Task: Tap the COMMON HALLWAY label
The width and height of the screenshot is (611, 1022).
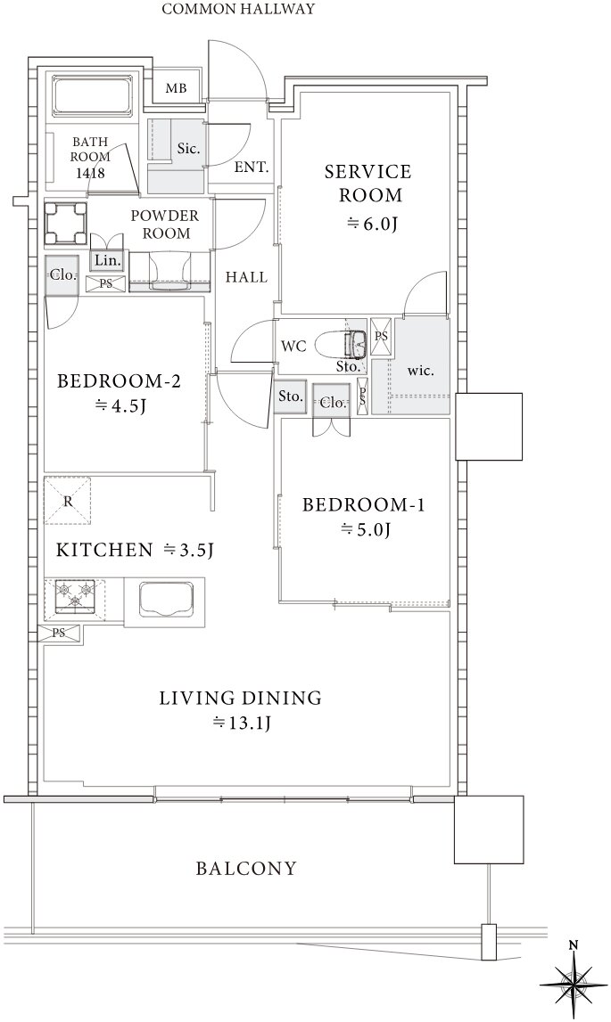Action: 238,9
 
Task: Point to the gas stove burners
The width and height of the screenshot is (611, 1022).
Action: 73,595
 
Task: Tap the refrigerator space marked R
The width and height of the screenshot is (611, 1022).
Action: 67,501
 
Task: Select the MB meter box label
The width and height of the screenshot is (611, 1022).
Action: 176,88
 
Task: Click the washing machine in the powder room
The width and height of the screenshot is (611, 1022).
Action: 65,223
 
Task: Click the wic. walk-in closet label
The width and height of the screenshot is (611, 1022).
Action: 420,371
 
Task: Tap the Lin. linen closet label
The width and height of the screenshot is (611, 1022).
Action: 107,261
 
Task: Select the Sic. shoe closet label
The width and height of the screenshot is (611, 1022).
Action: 189,149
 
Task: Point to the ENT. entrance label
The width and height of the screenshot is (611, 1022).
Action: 252,167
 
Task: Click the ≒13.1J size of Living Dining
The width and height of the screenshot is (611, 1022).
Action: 241,723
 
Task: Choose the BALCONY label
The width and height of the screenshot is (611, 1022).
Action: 246,868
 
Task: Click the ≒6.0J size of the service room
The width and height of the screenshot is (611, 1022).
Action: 371,224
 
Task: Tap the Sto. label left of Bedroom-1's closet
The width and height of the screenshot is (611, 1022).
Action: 291,396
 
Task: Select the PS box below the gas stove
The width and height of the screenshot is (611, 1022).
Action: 60,633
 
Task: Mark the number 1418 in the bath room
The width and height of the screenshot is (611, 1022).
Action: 91,174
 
